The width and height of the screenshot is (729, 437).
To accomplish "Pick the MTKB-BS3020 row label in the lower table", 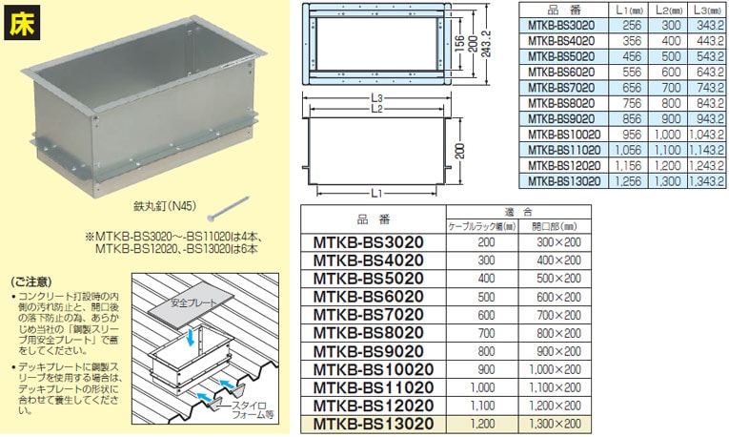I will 369,243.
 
